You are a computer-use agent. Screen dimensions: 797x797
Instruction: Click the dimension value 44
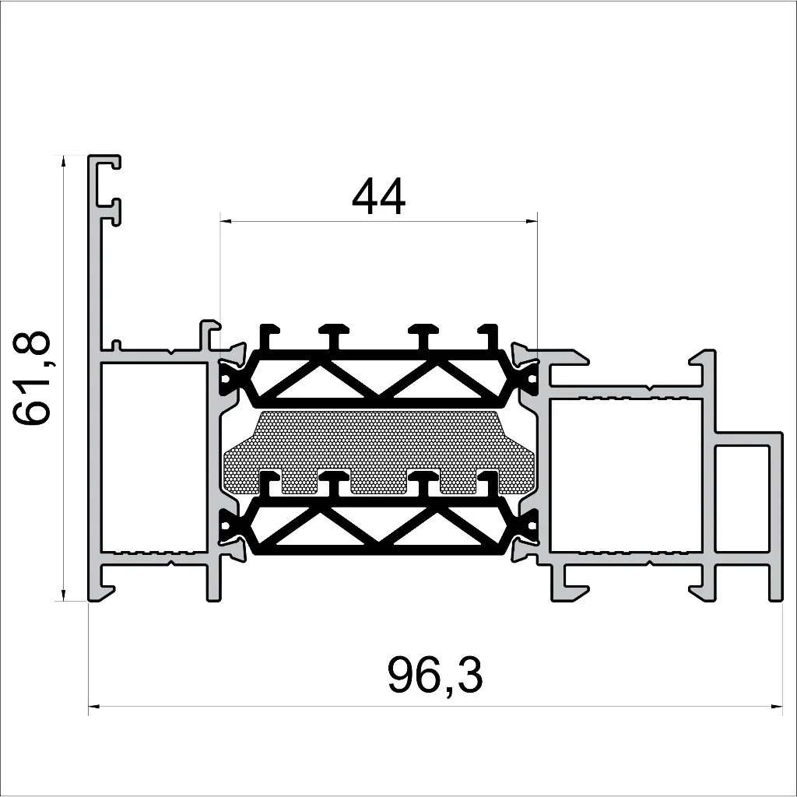click(379, 198)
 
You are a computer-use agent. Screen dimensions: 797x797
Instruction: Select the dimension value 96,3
click(435, 676)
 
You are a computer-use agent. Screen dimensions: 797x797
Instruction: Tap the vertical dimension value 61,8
click(33, 378)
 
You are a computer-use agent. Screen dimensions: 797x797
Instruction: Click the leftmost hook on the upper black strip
click(269, 335)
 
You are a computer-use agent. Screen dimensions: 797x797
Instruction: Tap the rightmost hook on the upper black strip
click(489, 335)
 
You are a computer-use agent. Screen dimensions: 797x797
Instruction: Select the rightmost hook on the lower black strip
click(489, 482)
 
